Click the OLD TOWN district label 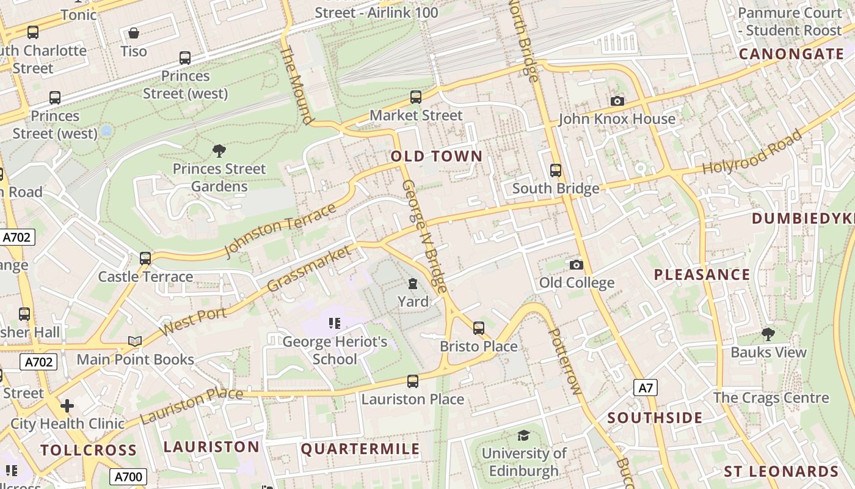pos(437,156)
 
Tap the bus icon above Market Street pos(416,97)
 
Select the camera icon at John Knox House pos(617,101)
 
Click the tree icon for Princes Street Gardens pos(219,150)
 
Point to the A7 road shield pos(646,388)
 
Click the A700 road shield pos(128,477)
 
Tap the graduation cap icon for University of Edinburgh pos(523,435)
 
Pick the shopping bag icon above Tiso pos(134,33)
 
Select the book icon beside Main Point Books pos(135,341)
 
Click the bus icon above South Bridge pos(556,171)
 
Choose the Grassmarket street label pos(310,268)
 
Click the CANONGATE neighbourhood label pos(791,54)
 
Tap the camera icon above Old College pos(576,265)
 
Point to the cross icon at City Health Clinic pos(67,406)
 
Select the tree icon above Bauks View pos(768,334)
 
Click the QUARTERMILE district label pos(360,449)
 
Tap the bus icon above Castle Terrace pos(145,259)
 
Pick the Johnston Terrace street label pos(280,230)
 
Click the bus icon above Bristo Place pos(479,328)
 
